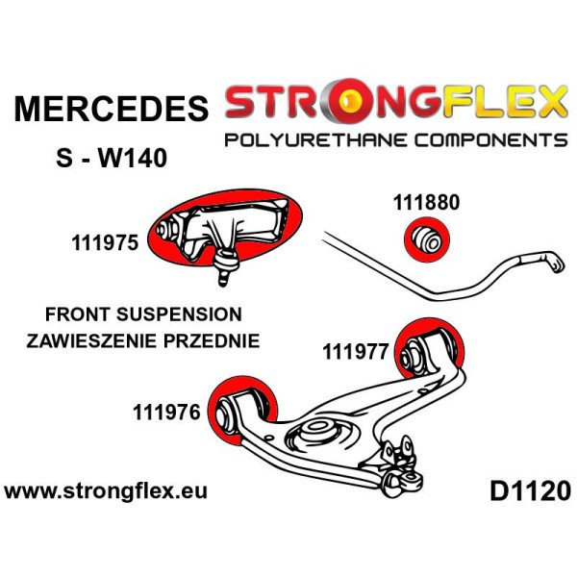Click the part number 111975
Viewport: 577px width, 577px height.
click(x=105, y=243)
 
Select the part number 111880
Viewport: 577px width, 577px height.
click(x=426, y=202)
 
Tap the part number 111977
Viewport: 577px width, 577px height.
click(x=356, y=351)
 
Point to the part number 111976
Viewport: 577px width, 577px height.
click(x=166, y=413)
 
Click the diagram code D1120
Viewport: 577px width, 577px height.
click(x=530, y=491)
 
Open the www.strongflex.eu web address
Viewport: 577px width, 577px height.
click(x=106, y=491)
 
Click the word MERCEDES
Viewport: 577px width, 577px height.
click(x=112, y=108)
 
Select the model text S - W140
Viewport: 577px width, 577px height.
click(x=112, y=158)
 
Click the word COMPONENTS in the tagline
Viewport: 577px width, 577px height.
click(x=491, y=140)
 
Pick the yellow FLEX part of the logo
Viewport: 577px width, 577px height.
click(x=505, y=102)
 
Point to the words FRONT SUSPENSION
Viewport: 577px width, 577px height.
click(x=143, y=314)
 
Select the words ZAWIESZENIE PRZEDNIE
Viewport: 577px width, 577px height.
click(x=143, y=340)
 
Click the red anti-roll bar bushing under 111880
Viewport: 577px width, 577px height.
click(x=427, y=239)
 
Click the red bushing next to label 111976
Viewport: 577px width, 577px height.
click(x=242, y=409)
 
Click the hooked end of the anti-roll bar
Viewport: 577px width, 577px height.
click(x=555, y=262)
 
